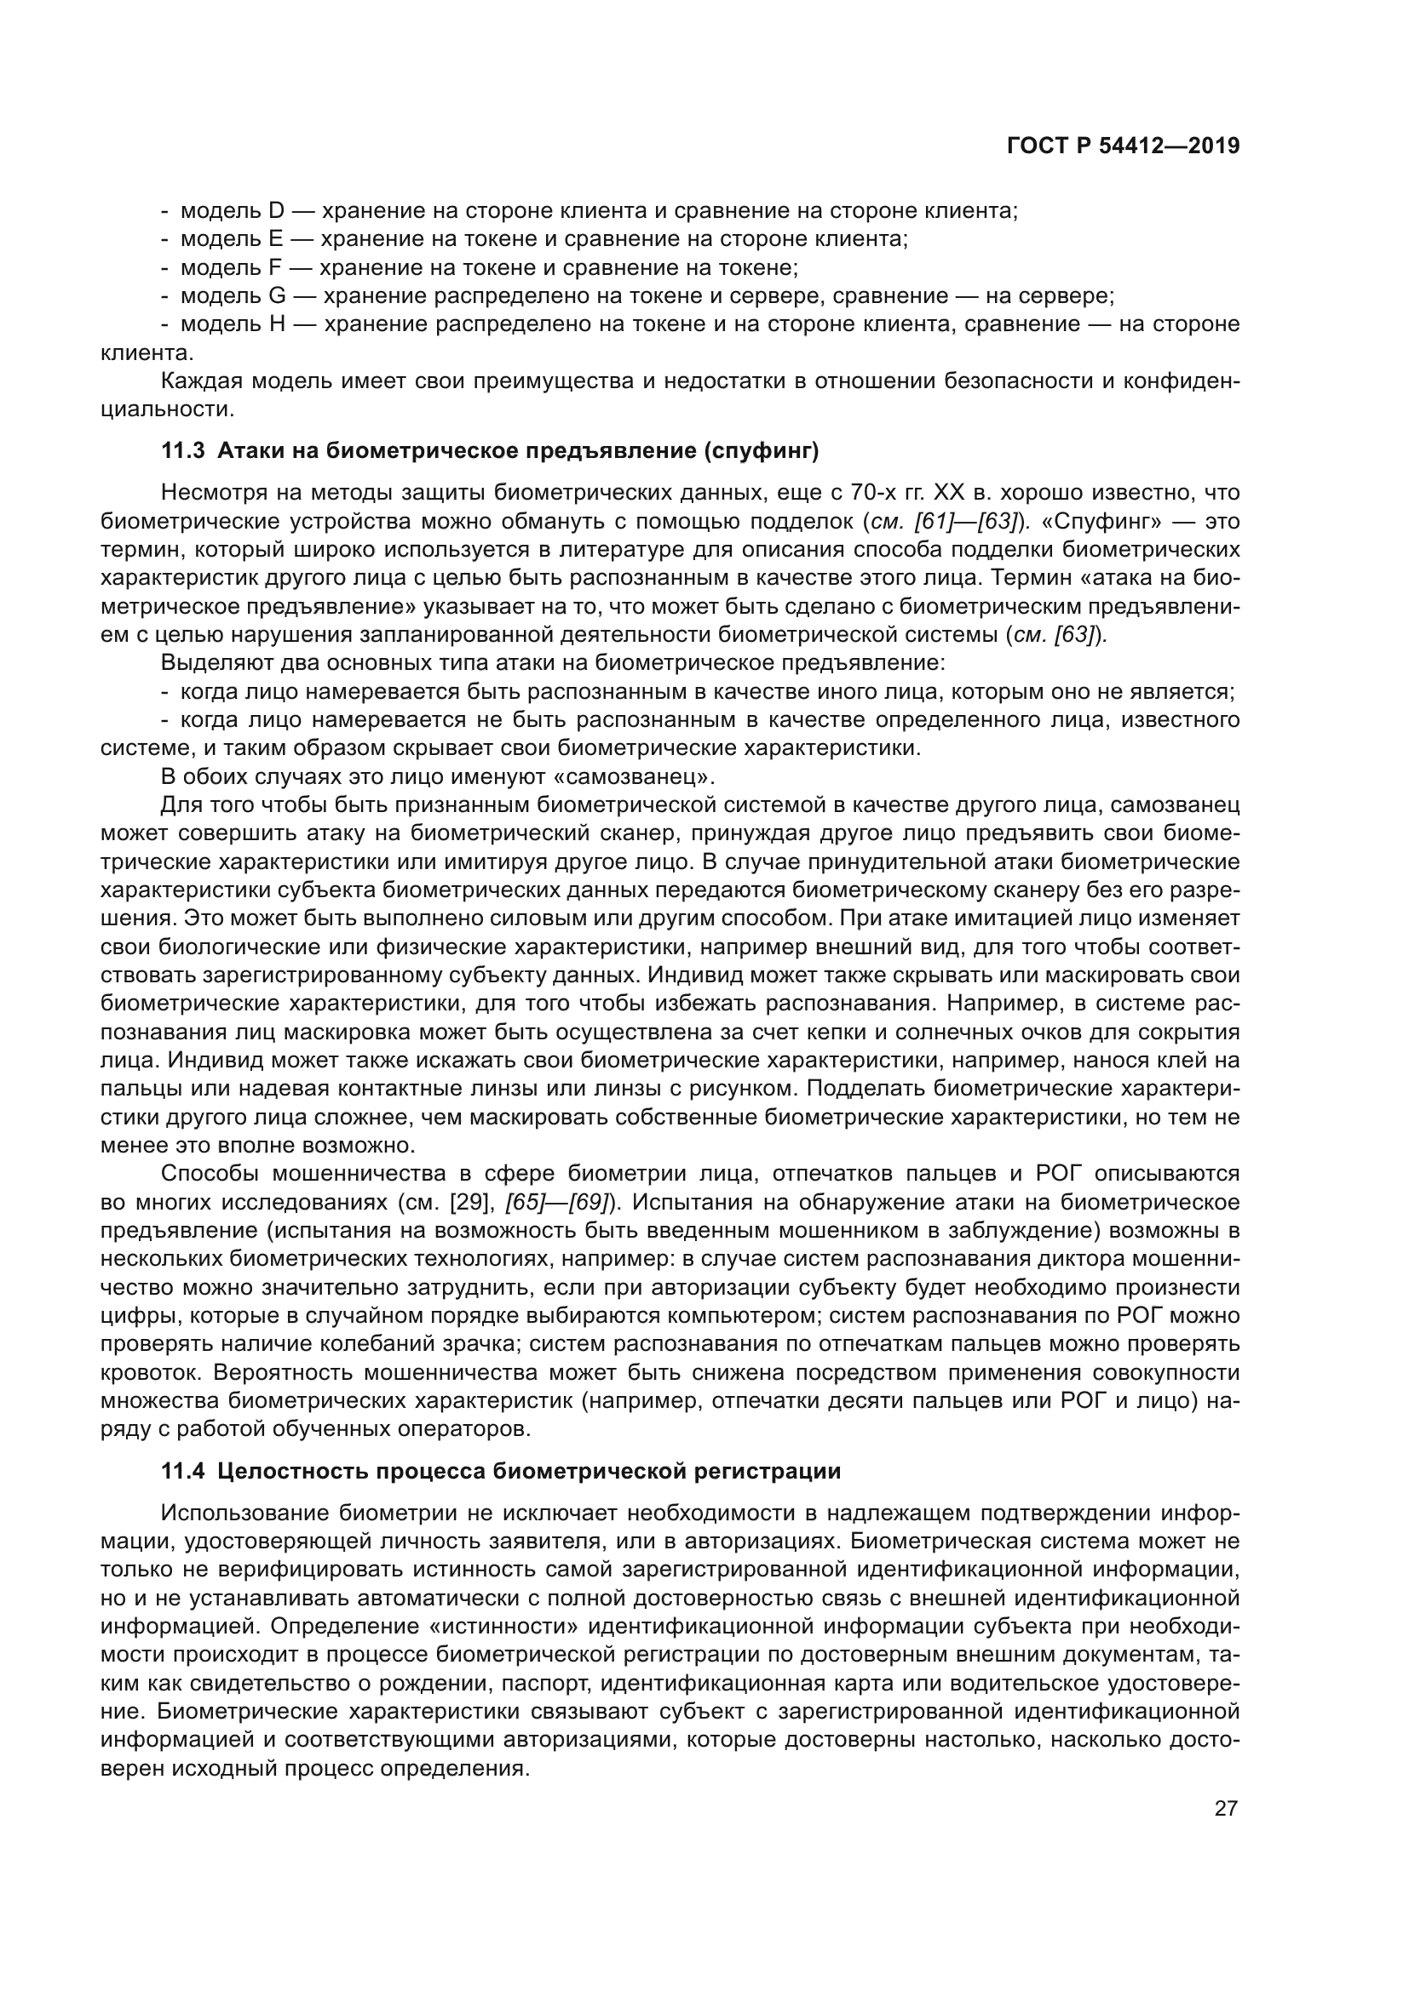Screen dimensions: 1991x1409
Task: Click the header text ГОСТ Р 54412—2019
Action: pyautogui.click(x=1123, y=146)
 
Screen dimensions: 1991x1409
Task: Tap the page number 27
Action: pyautogui.click(x=1225, y=1808)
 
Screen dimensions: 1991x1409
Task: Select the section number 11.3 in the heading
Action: pyautogui.click(x=182, y=450)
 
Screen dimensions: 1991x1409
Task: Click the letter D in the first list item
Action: pyautogui.click(x=277, y=211)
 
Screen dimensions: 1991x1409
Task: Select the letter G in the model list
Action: pyautogui.click(x=277, y=295)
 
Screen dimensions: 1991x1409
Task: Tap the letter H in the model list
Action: pyautogui.click(x=277, y=324)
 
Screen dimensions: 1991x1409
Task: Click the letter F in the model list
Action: pyautogui.click(x=276, y=267)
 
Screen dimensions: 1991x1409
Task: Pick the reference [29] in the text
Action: pyautogui.click(x=473, y=1203)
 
